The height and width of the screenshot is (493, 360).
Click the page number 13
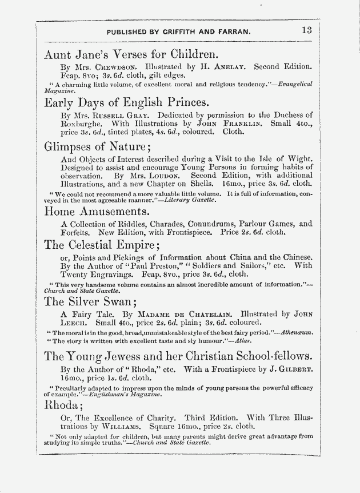coord(306,31)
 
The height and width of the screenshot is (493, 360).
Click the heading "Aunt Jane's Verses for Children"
coord(131,55)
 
